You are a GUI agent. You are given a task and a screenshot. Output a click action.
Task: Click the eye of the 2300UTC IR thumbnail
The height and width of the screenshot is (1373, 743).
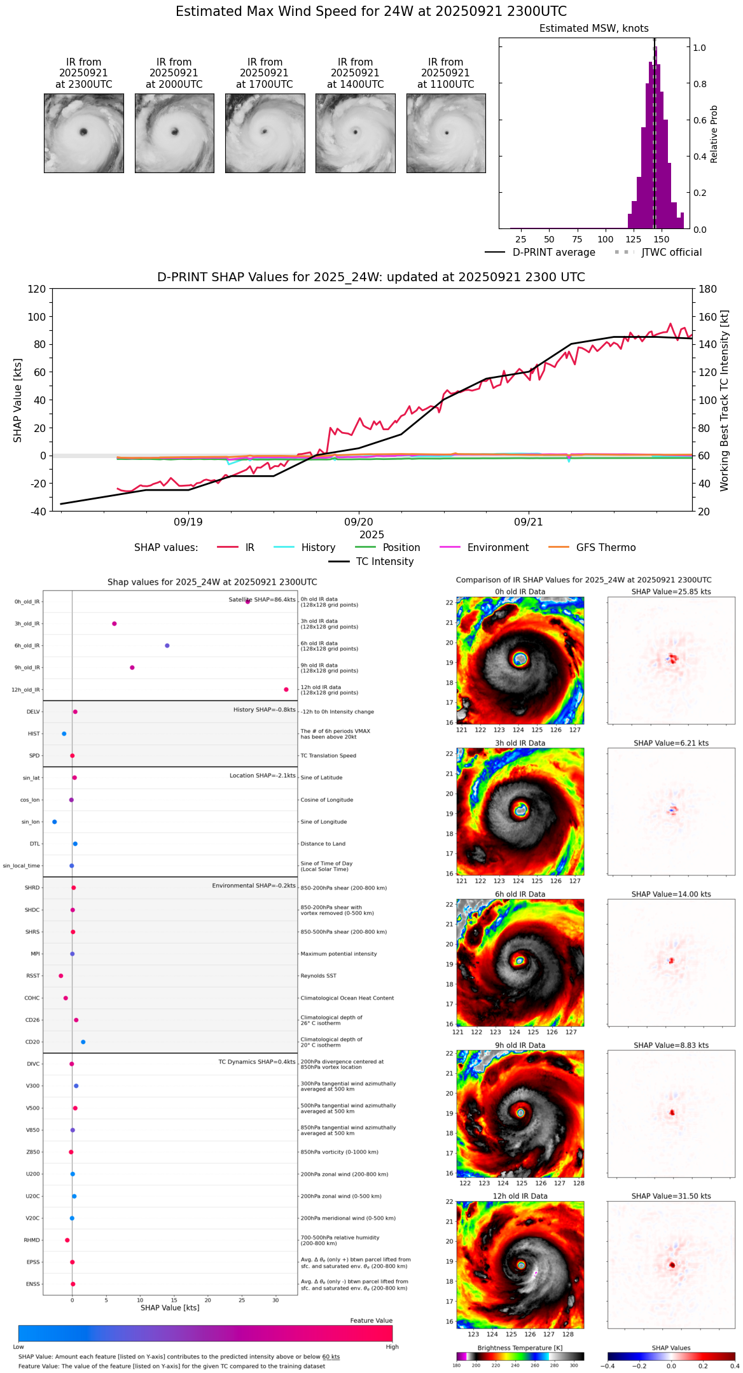click(x=83, y=132)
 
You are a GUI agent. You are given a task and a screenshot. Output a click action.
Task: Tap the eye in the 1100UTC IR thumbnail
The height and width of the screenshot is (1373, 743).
click(x=447, y=133)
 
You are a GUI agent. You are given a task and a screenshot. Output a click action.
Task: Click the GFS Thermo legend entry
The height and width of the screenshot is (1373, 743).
click(x=606, y=548)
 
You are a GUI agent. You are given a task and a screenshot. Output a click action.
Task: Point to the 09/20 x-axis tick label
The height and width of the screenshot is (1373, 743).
click(x=359, y=522)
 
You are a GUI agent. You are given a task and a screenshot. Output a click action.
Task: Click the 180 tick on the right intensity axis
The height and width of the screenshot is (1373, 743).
click(x=707, y=289)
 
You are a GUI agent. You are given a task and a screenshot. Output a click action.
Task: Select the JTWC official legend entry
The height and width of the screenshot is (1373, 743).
click(x=671, y=253)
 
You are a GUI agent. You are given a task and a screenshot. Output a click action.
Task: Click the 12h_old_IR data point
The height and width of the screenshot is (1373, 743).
click(x=286, y=690)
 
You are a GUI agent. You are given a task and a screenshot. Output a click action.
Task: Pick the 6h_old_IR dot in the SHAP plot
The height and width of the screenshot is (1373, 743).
click(x=167, y=646)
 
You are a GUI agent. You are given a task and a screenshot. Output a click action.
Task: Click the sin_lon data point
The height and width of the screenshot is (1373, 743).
click(x=55, y=822)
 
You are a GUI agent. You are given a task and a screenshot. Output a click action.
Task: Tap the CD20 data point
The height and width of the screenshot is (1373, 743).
click(x=83, y=1042)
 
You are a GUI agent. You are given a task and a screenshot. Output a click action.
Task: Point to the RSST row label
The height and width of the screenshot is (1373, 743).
click(x=33, y=976)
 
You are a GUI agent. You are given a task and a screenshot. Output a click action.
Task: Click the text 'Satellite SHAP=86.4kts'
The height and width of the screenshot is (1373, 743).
click(x=262, y=600)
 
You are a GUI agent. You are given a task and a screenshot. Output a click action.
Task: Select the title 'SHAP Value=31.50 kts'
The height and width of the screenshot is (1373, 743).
click(x=671, y=1196)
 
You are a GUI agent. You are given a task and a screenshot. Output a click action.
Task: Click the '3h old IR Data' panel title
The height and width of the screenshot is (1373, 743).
click(x=520, y=743)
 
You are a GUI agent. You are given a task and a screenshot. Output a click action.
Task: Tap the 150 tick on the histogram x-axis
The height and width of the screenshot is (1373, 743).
click(x=662, y=240)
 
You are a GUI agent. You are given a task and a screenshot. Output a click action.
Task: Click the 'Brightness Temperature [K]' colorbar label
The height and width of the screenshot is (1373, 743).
click(x=520, y=1348)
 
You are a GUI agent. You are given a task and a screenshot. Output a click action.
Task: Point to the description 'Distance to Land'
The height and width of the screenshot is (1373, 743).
click(x=323, y=844)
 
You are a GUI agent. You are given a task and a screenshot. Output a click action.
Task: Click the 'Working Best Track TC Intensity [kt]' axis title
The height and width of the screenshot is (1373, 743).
click(x=725, y=401)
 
